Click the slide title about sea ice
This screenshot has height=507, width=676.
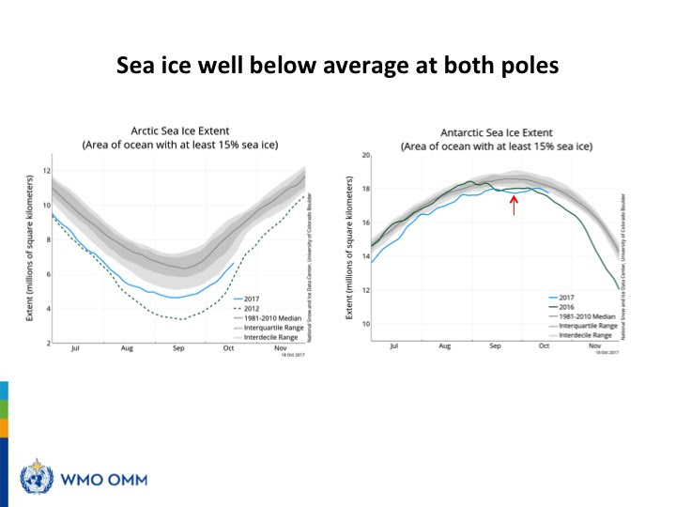pyautogui.click(x=338, y=67)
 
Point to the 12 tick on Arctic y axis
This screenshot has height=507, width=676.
pyautogui.click(x=45, y=172)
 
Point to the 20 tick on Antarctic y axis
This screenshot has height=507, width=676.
pyautogui.click(x=366, y=155)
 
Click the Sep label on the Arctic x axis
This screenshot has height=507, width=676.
pyautogui.click(x=177, y=348)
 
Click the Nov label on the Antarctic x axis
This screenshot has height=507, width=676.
pyautogui.click(x=593, y=346)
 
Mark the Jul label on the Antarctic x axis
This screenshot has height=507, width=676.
pyautogui.click(x=393, y=346)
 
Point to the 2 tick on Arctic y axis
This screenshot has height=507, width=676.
pyautogui.click(x=46, y=343)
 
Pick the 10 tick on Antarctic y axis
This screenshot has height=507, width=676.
pyautogui.click(x=366, y=324)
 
